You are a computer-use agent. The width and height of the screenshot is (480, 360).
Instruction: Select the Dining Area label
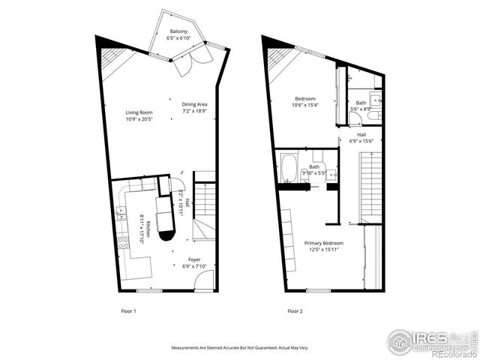click(x=193, y=104)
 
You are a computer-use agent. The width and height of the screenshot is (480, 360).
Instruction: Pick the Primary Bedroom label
click(x=323, y=243)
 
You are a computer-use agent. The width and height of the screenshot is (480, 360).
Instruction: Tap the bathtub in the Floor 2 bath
click(x=289, y=168)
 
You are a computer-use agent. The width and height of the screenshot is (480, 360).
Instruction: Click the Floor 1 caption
click(x=128, y=310)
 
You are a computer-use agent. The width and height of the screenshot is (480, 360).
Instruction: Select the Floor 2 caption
click(x=295, y=310)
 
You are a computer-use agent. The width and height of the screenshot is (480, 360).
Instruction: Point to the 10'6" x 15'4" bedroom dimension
click(x=304, y=105)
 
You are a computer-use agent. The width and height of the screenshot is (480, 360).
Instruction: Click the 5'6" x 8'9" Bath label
click(x=361, y=106)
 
